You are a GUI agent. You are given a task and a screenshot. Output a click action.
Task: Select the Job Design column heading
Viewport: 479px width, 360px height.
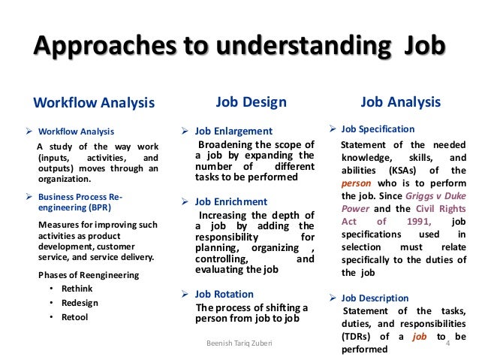251,101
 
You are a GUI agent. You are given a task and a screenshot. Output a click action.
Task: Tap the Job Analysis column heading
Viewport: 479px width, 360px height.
401,101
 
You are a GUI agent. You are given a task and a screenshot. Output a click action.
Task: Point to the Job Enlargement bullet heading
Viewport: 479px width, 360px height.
233,129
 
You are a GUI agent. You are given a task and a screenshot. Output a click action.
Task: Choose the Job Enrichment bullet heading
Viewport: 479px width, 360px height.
230,201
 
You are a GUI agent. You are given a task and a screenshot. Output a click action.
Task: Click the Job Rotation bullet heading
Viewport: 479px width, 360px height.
224,294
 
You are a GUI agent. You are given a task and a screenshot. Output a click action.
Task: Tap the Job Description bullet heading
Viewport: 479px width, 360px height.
375,298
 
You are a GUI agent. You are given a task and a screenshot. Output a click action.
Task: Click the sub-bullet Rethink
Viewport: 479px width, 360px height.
75,289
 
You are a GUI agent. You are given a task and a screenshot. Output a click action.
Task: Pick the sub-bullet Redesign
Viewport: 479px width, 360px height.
77,303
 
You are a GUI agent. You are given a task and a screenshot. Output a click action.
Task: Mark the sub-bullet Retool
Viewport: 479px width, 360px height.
74,316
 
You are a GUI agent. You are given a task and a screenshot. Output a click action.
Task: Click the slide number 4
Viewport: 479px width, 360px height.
447,343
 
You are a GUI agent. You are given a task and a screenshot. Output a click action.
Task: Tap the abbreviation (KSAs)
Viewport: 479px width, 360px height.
396,170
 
